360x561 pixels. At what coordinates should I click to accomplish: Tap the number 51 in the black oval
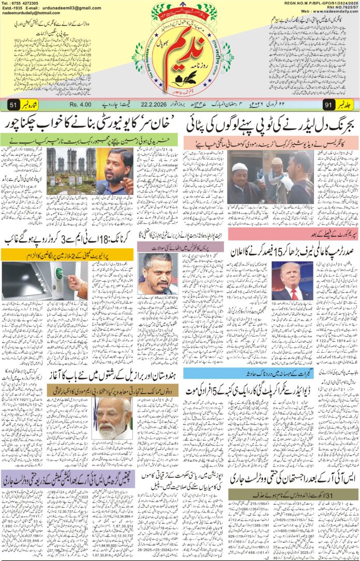pyautogui.click(x=13, y=105)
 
